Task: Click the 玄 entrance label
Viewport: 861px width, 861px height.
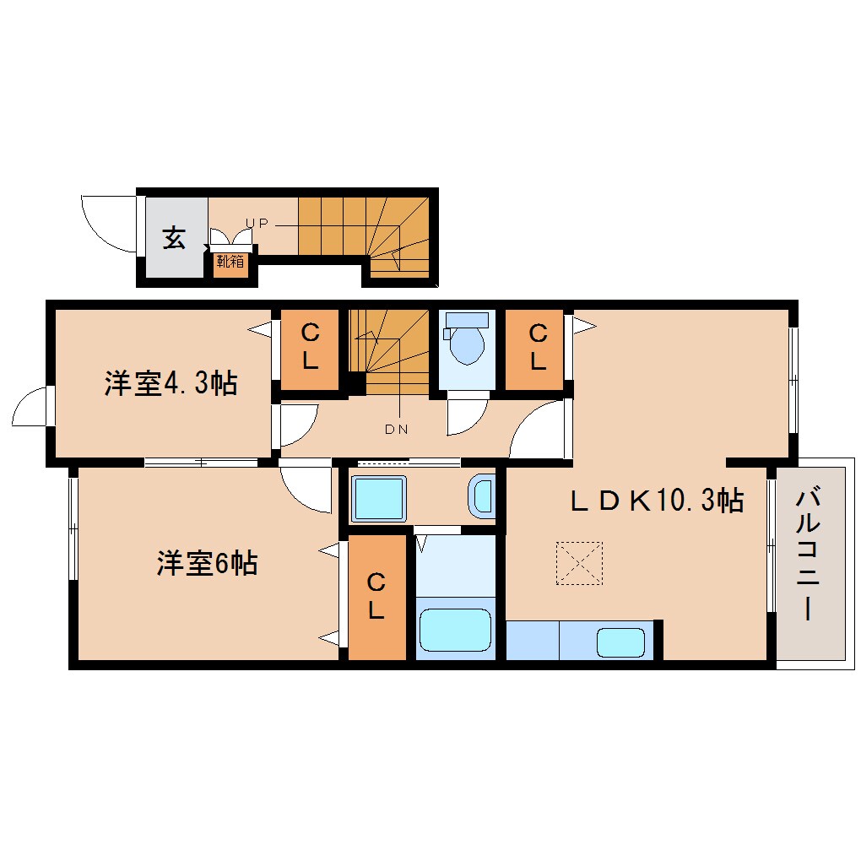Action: (174, 239)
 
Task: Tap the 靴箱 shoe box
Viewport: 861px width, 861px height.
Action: (230, 262)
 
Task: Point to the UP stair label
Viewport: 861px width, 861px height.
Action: (257, 223)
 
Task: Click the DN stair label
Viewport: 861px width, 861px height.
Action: (396, 429)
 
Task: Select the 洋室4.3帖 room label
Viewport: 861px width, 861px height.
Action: (171, 384)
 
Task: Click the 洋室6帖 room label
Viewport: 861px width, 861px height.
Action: (206, 563)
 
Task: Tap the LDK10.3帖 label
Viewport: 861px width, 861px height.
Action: (656, 501)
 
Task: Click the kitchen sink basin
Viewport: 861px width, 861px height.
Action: (621, 642)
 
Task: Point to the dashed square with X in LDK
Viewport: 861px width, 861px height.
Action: (580, 563)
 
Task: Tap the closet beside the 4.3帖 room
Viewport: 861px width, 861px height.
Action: (310, 349)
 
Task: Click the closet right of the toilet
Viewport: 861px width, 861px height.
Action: (535, 348)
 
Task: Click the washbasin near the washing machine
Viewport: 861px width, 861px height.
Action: (482, 495)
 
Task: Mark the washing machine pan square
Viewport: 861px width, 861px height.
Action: (379, 499)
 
